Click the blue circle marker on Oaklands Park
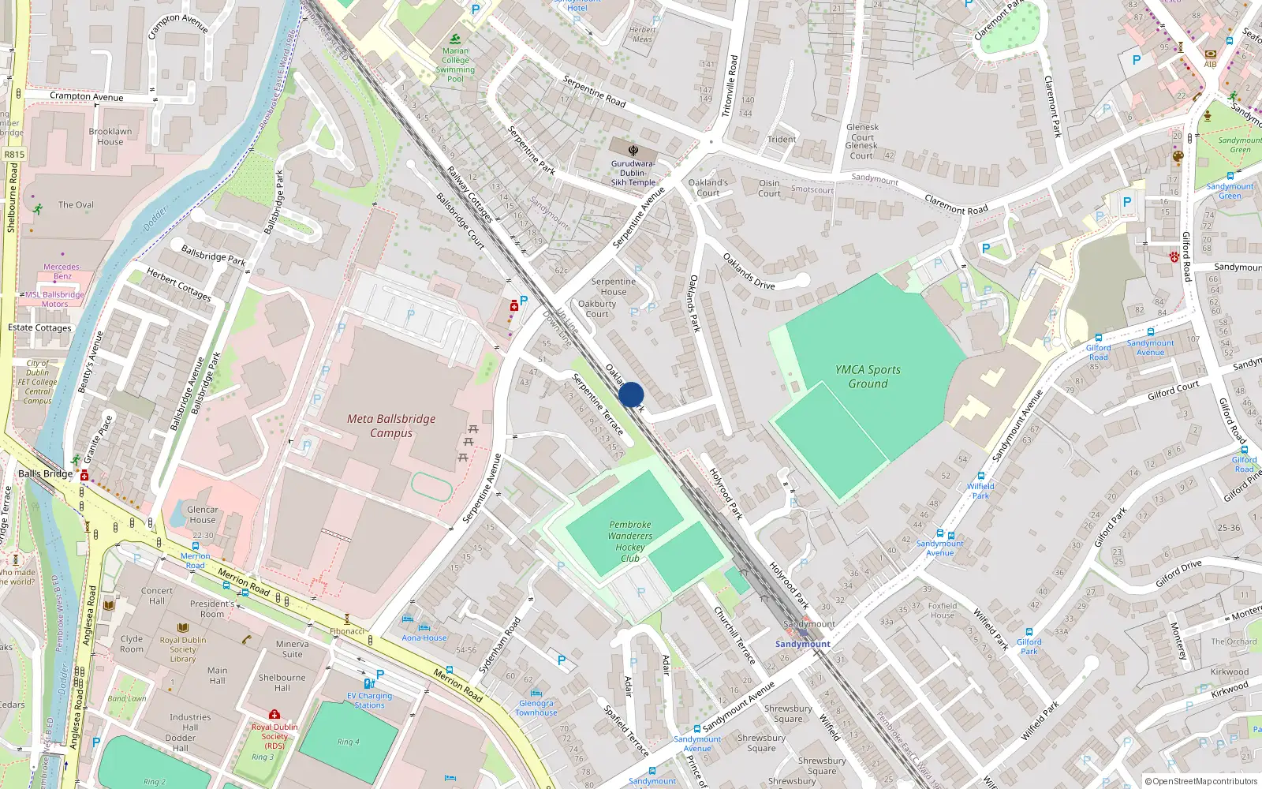point(631,394)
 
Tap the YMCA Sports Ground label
point(868,376)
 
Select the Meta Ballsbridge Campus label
point(391,426)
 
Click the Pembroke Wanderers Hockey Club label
point(630,541)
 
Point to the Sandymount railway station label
point(802,644)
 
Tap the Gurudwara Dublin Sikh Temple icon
point(633,150)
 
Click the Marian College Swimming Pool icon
point(455,39)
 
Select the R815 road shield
point(14,155)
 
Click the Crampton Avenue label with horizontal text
point(87,96)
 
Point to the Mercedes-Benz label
point(62,271)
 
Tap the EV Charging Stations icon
point(368,683)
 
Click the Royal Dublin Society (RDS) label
point(274,736)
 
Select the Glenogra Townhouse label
point(536,708)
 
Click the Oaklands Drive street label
point(749,271)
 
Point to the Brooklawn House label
point(110,136)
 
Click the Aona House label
point(424,638)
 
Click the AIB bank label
point(1210,65)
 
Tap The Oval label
point(76,205)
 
